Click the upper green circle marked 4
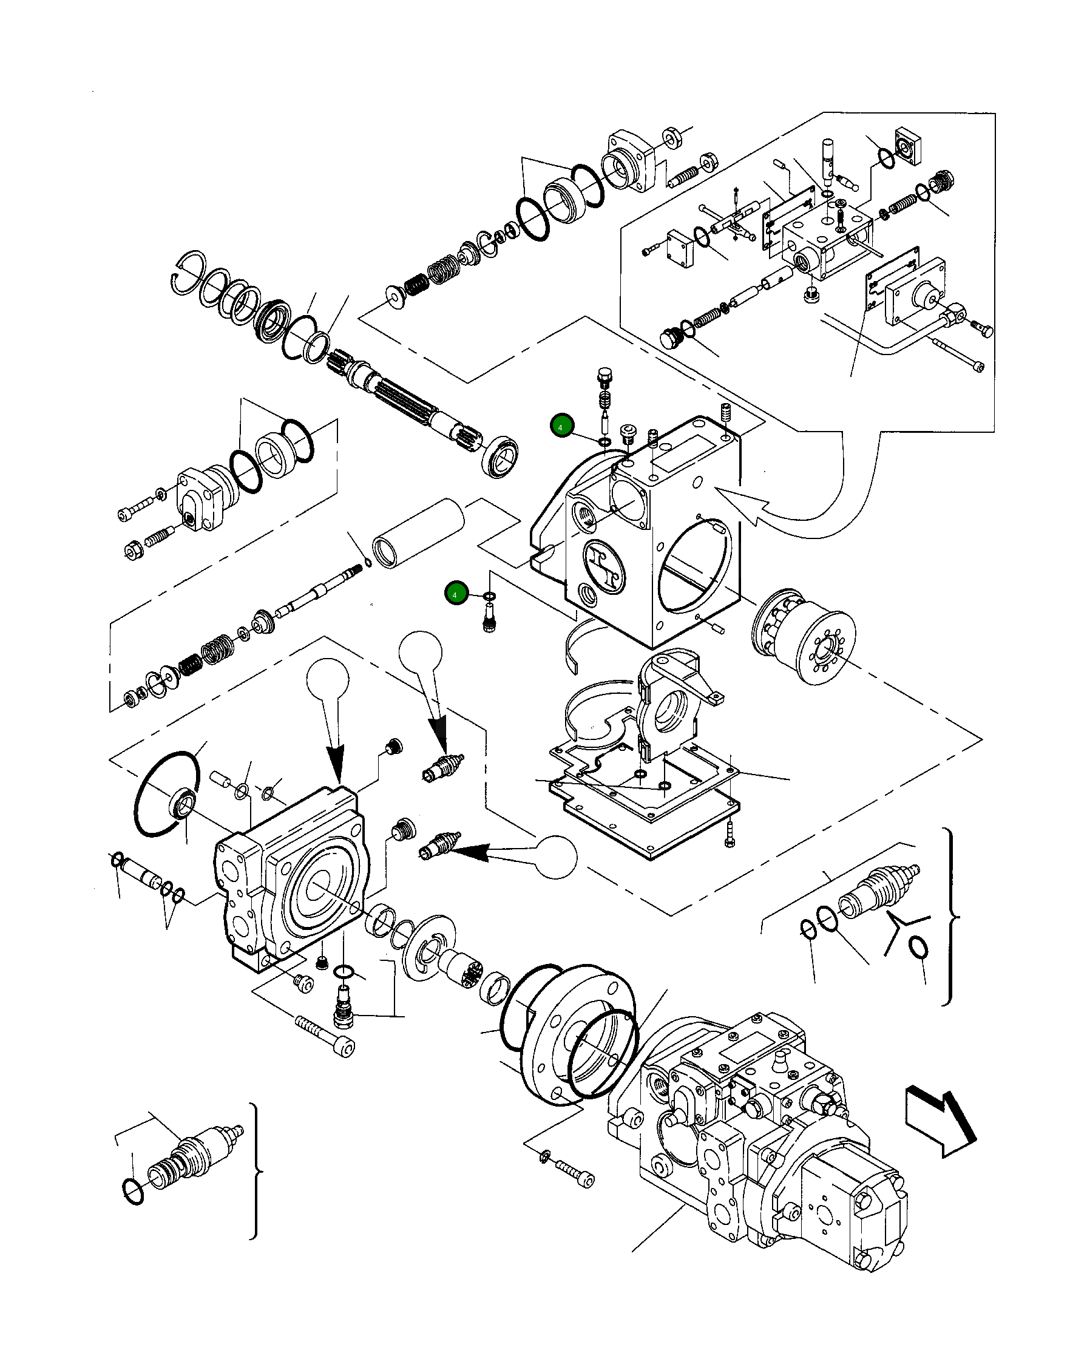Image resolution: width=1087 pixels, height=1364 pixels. tap(561, 427)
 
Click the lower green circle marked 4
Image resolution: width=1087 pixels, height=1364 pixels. tap(455, 594)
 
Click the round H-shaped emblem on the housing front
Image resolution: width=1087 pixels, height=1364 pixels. tap(604, 566)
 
